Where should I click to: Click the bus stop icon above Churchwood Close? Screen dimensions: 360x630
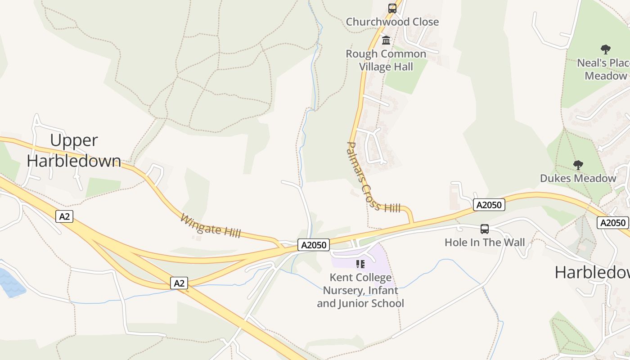(x=392, y=8)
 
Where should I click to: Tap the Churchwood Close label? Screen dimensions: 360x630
(x=392, y=22)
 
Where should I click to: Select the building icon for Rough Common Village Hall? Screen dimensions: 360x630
(x=386, y=40)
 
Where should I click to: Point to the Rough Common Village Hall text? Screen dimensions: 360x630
(x=386, y=60)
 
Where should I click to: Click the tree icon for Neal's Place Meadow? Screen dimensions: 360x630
(x=606, y=49)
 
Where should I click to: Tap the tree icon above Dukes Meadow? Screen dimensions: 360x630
(x=578, y=165)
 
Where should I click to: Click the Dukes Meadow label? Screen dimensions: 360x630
(x=578, y=178)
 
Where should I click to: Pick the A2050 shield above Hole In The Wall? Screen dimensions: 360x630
(x=489, y=205)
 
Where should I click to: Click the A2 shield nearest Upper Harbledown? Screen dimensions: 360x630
(x=65, y=216)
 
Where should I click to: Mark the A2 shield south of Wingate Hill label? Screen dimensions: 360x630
(x=179, y=283)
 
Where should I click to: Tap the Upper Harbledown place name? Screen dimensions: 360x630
(x=74, y=150)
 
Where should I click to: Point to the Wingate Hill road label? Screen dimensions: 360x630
(x=211, y=226)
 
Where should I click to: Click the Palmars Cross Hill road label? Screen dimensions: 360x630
(x=373, y=177)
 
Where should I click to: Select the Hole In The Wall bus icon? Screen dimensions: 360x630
(x=484, y=229)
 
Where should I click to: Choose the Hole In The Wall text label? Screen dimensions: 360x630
(x=484, y=242)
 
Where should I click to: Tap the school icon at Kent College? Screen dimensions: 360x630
(x=360, y=264)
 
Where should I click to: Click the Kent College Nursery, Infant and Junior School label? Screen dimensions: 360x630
(x=360, y=290)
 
